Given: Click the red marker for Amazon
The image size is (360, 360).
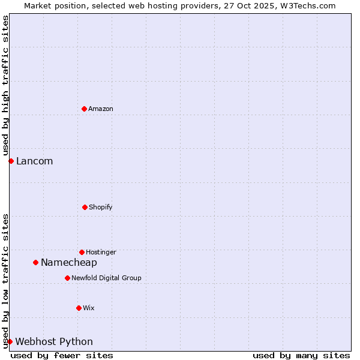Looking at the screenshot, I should [84, 109].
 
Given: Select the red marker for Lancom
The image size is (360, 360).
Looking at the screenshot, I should [11, 161].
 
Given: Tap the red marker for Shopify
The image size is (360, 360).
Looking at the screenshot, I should [85, 207].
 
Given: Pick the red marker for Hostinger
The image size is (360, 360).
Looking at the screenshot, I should [82, 252].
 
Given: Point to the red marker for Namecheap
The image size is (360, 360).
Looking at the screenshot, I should [35, 262].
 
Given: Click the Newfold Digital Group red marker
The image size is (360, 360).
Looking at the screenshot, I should [67, 278].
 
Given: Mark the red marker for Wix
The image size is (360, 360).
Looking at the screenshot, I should [79, 308].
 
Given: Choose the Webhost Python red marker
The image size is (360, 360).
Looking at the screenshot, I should [10, 341].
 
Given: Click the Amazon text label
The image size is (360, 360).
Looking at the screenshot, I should [101, 109].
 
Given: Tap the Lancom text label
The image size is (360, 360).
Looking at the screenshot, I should [34, 161].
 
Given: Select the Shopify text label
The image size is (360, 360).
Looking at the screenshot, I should [100, 207].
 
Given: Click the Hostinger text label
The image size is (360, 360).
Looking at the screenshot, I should [101, 252].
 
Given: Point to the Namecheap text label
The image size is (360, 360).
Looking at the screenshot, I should [68, 262].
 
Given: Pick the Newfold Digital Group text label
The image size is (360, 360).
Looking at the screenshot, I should [106, 278].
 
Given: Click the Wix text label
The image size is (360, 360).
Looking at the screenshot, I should [89, 308].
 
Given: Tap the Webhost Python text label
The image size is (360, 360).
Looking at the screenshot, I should [54, 341].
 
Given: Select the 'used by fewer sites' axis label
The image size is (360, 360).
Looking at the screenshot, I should [62, 355].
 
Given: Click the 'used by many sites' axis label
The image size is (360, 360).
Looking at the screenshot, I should [301, 355].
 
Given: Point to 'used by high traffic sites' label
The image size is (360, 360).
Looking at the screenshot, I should [5, 85].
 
